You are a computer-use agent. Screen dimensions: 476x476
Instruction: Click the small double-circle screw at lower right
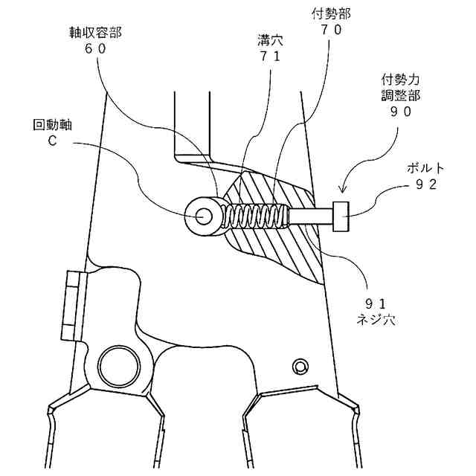[300, 366]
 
